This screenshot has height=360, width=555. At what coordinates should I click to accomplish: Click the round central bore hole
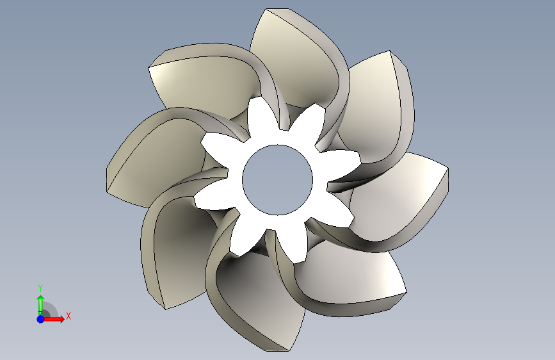pyautogui.click(x=278, y=179)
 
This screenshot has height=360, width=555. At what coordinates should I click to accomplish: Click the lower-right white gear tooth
pyautogui.click(x=336, y=211)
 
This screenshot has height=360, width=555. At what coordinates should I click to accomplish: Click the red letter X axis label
pyautogui.click(x=68, y=316)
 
